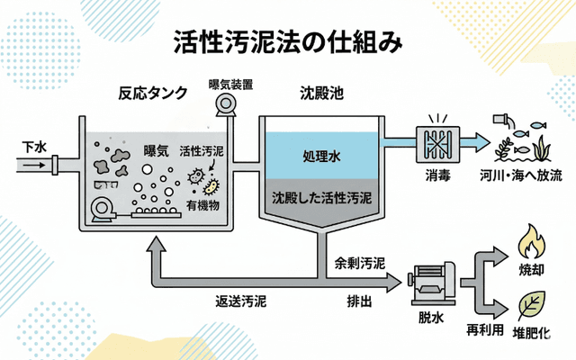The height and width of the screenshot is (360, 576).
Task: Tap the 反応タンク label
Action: tap(153, 93)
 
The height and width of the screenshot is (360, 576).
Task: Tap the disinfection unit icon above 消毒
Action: tap(438, 140)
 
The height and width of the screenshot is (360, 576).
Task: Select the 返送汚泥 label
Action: tap(239, 301)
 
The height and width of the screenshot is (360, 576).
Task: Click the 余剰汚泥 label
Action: tap(360, 265)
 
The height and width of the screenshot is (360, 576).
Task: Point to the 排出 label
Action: tap(359, 301)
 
